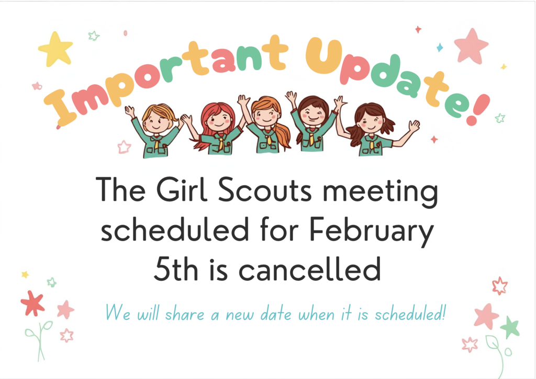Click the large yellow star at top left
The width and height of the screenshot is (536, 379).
click(55, 49)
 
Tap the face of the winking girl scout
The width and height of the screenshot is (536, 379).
click(312, 113)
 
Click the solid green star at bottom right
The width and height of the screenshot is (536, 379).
click(509, 327)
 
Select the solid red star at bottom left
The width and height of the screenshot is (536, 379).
click(32, 303)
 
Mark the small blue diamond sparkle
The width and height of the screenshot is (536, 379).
click(440, 48)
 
